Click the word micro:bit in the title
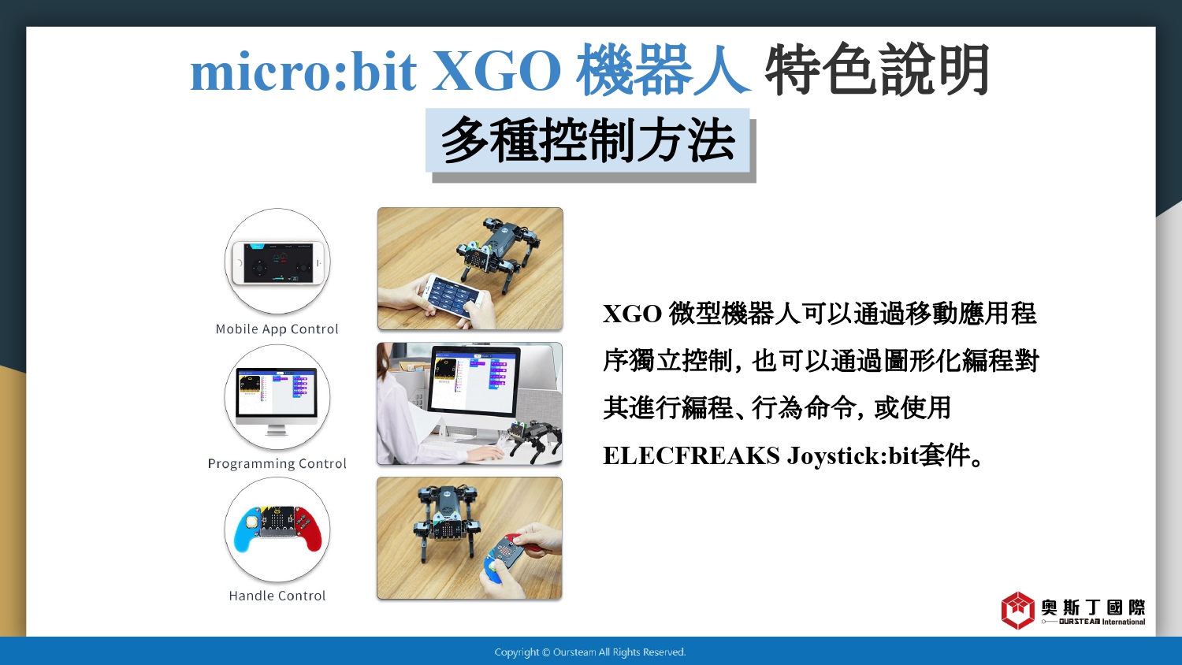click(x=303, y=71)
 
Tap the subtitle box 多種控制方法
click(x=587, y=140)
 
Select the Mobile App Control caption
click(x=277, y=329)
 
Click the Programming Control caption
click(x=277, y=463)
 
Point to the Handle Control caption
click(x=277, y=596)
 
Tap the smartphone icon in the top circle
click(x=277, y=262)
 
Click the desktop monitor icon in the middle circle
click(x=277, y=401)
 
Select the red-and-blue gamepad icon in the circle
click(x=277, y=529)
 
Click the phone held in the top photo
click(x=454, y=296)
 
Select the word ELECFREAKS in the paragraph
click(x=691, y=455)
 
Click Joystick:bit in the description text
click(x=852, y=455)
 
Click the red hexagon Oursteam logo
click(x=1017, y=611)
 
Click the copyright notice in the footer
click(x=590, y=652)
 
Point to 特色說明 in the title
click(x=877, y=69)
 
